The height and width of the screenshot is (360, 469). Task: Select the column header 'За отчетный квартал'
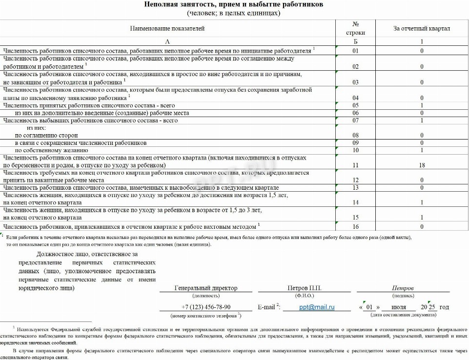pyautogui.click(x=422, y=28)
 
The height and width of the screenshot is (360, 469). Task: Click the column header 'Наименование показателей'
pyautogui.click(x=167, y=28)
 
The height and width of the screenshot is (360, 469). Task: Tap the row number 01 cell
pyautogui.click(x=355, y=51)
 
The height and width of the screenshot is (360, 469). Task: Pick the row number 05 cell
pyautogui.click(x=355, y=105)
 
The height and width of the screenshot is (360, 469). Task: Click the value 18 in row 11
pyautogui.click(x=422, y=165)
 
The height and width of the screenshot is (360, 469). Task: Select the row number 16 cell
pyautogui.click(x=355, y=227)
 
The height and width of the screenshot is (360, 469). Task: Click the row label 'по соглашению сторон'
pyautogui.click(x=46, y=135)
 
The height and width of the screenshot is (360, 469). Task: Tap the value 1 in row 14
pyautogui.click(x=422, y=202)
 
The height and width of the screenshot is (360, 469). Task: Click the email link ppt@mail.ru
pyautogui.click(x=317, y=307)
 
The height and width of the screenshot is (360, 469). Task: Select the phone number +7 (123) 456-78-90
pyautogui.click(x=205, y=307)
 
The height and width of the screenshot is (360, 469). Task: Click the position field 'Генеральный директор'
pyautogui.click(x=205, y=288)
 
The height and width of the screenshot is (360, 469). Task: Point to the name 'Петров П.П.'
pyautogui.click(x=305, y=288)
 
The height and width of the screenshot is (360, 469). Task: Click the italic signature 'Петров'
pyautogui.click(x=403, y=288)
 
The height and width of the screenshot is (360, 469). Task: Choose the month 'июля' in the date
pyautogui.click(x=399, y=307)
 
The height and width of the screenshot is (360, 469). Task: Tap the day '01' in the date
pyautogui.click(x=369, y=307)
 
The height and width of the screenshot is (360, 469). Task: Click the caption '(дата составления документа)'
pyautogui.click(x=403, y=315)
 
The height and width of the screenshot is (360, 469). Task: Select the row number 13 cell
pyautogui.click(x=355, y=188)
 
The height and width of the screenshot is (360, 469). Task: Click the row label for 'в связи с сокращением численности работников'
pyautogui.click(x=81, y=143)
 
